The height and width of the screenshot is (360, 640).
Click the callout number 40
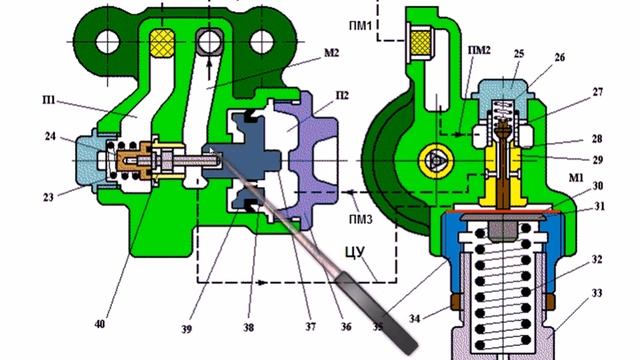[x=100, y=324]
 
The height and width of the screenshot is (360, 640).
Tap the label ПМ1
[x=360, y=26]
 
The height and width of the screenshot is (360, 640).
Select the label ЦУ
[x=355, y=253]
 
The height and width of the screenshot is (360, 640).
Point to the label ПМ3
[x=361, y=220]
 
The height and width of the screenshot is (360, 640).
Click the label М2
[x=331, y=53]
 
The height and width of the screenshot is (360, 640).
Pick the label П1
[x=49, y=99]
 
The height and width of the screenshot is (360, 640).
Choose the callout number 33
[x=597, y=293]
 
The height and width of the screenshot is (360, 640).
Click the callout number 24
[x=50, y=136]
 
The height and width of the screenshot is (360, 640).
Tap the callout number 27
[x=597, y=92]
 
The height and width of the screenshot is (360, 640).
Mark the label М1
[x=576, y=178]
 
